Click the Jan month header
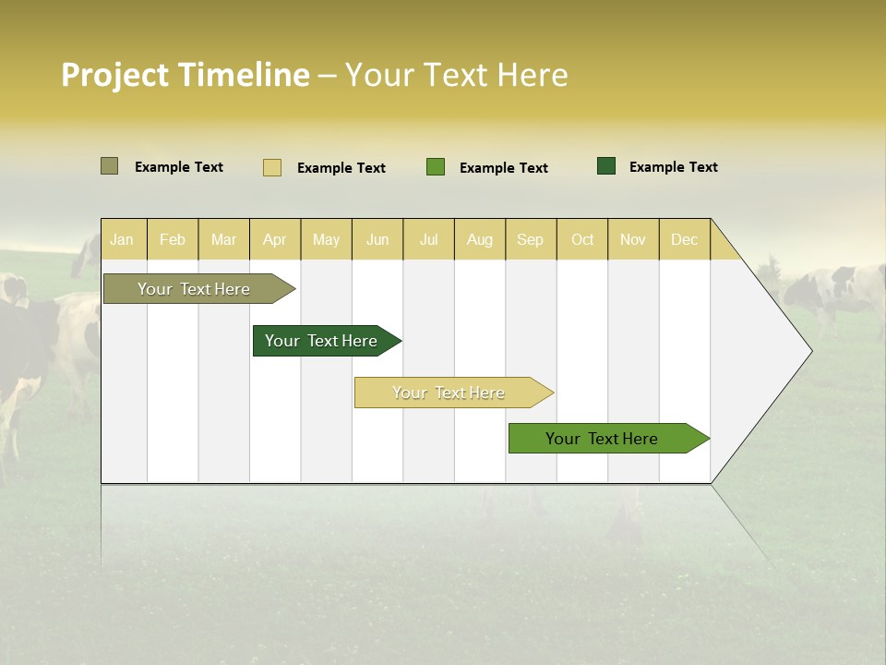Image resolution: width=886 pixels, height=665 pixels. point(122,239)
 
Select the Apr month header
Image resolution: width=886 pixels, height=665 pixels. point(275,239)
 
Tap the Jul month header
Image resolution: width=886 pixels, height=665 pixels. point(428,239)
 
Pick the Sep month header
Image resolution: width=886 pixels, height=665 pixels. point(530,239)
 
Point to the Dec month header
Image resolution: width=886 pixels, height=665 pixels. point(684,239)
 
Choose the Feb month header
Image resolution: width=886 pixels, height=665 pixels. point(173,239)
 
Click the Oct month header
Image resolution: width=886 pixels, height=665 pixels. point(582,239)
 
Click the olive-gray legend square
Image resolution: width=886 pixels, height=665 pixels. point(109,166)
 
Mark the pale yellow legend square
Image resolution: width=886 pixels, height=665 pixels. point(272,167)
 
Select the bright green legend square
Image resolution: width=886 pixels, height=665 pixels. point(436,167)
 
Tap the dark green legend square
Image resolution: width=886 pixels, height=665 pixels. point(606,166)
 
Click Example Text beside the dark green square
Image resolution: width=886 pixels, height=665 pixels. point(673,167)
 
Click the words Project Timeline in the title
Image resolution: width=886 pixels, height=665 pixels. point(186,75)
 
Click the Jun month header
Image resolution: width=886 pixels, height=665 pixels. point(377,239)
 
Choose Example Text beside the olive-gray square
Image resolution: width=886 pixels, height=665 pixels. point(179,167)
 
